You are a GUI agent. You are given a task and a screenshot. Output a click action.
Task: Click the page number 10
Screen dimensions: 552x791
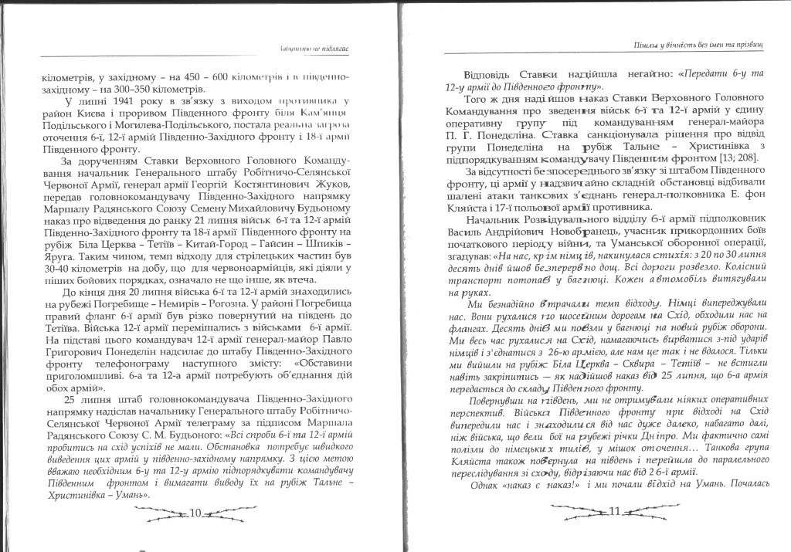195,513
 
